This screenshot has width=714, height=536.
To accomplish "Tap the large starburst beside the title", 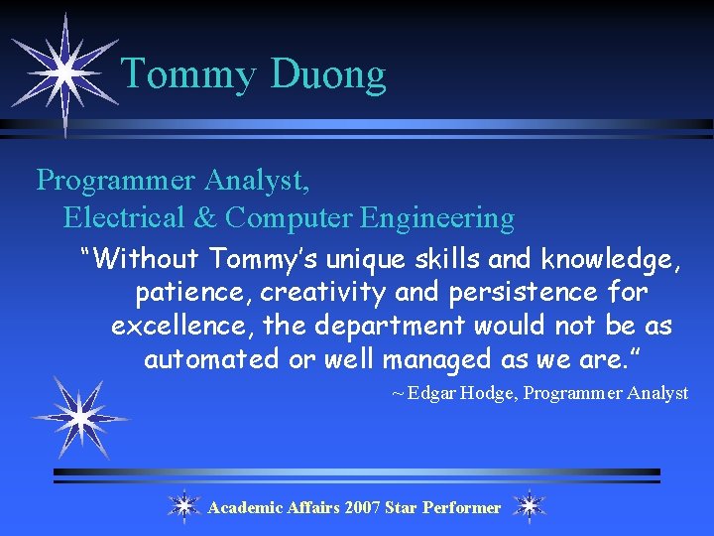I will coord(63,72).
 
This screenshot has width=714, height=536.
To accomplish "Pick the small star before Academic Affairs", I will coord(183,506).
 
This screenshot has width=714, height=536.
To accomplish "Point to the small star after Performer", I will coord(530,506).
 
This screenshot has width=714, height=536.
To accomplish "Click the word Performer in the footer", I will coord(461,507).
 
